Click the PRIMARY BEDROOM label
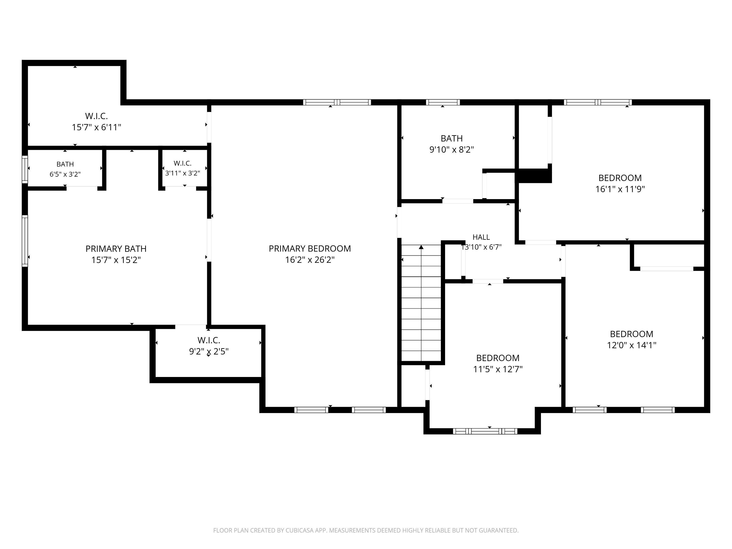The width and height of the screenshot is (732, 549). (x=310, y=249)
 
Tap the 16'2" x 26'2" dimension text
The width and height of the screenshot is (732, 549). (x=310, y=260)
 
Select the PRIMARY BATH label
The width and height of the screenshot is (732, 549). (x=116, y=249)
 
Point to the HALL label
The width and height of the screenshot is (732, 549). (x=481, y=237)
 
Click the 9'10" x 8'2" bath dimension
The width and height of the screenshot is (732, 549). (x=452, y=150)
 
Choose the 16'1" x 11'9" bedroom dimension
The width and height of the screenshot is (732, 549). (x=620, y=189)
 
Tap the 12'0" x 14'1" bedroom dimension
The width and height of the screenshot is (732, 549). (x=632, y=345)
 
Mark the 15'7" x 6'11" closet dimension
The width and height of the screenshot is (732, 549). (x=97, y=127)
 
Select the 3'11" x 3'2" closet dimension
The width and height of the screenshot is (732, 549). (x=183, y=173)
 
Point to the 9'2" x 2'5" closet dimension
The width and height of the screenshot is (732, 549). (x=209, y=351)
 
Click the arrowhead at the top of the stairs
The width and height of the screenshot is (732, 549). (x=421, y=247)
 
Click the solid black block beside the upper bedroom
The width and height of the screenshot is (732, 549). (x=534, y=176)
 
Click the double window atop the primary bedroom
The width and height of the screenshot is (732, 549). (x=337, y=102)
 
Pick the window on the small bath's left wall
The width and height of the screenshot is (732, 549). (x=25, y=169)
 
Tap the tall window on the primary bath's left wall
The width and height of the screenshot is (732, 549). (x=25, y=241)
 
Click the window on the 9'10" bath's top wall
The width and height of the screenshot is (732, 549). (x=443, y=102)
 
